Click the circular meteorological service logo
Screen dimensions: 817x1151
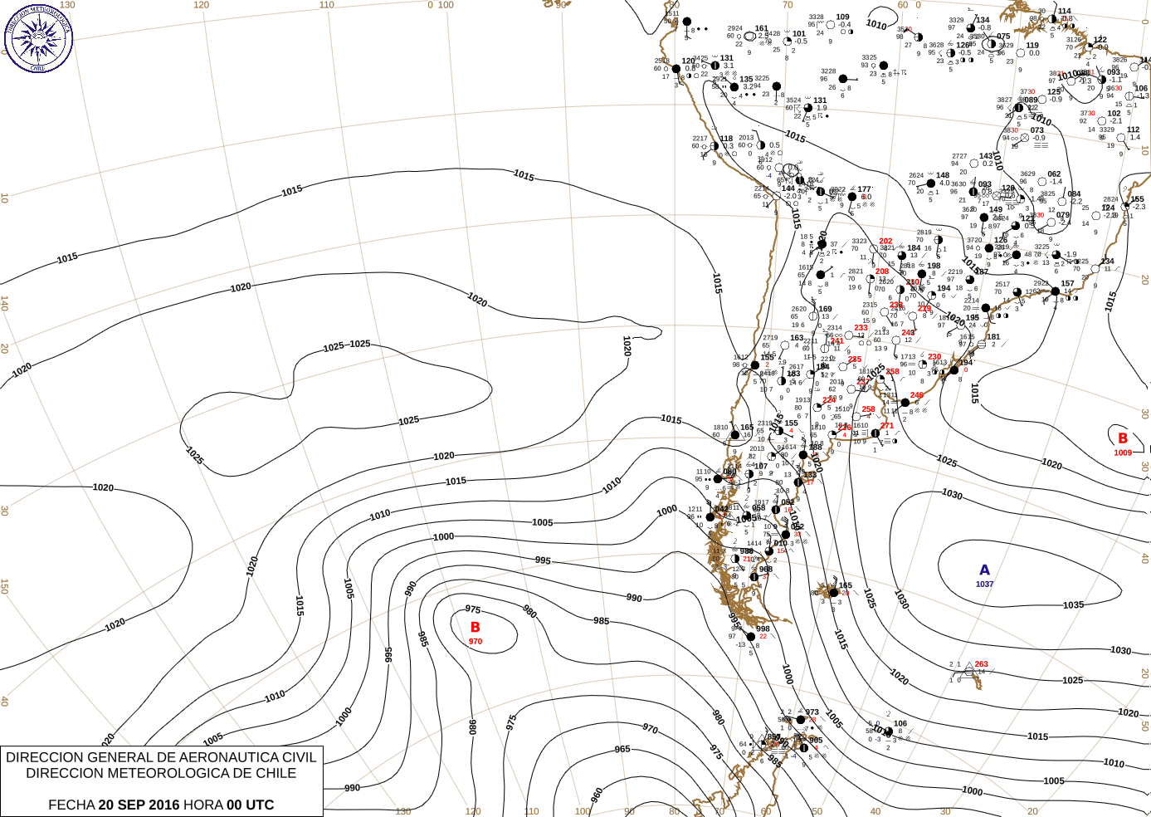(38, 38)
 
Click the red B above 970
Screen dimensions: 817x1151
(476, 628)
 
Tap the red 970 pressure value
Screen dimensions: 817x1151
(476, 642)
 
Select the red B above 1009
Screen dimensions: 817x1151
(1123, 438)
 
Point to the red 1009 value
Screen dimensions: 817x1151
(1123, 453)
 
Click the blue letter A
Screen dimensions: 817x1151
(985, 570)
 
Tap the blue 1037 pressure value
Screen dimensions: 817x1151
(985, 585)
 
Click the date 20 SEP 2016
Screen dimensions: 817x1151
(139, 805)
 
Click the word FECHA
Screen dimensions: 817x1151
(71, 805)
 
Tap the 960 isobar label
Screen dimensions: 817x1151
(597, 796)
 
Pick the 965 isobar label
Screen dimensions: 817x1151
(622, 749)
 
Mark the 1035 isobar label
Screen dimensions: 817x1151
(1074, 605)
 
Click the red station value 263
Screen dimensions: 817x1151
(982, 664)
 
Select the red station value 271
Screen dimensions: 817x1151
(887, 426)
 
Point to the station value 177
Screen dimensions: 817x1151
(865, 189)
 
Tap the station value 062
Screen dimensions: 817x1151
(1054, 174)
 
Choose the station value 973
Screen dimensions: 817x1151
(812, 712)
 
